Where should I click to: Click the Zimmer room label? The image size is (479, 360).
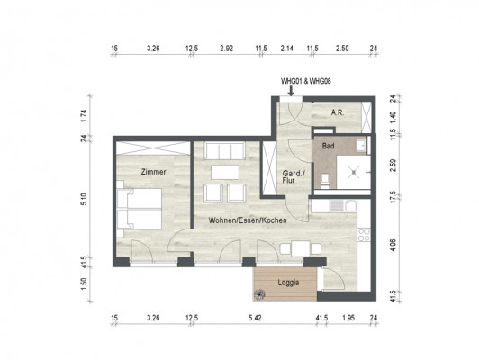click(153, 172)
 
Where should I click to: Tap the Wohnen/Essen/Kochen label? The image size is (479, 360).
click(248, 220)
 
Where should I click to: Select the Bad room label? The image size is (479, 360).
click(328, 147)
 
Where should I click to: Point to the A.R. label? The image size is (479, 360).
click(338, 112)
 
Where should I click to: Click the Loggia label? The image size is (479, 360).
click(288, 283)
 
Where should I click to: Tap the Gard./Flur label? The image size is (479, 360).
click(294, 177)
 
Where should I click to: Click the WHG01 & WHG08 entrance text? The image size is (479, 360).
click(306, 81)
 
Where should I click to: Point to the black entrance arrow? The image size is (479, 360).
click(291, 91)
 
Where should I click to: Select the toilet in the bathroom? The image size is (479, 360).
click(325, 181)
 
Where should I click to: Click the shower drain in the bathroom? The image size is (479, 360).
click(354, 173)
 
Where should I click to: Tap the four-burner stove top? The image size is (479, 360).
click(364, 235)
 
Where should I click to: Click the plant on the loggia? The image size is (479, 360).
click(260, 294)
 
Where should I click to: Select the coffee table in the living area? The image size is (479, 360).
click(225, 173)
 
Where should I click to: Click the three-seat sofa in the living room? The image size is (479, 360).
click(225, 151)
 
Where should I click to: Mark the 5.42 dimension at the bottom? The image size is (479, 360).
click(255, 318)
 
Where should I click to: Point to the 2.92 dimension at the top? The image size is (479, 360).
click(226, 49)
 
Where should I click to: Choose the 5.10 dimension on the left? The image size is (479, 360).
click(85, 199)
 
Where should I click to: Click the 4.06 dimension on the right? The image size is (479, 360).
click(393, 245)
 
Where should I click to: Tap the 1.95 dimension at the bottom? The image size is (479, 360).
click(348, 318)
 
